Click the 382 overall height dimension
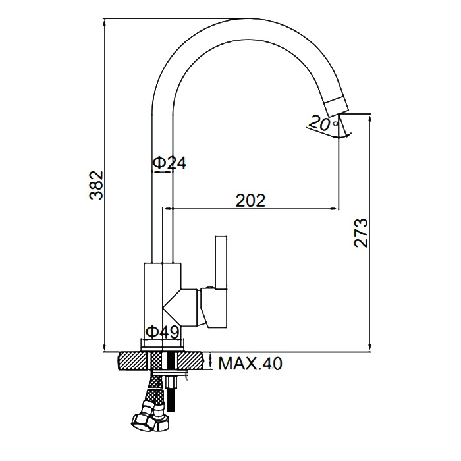97,185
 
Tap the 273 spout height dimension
361,233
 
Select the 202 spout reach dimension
251,200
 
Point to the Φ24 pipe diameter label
170,163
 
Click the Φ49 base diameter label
163,332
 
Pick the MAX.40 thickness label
250,364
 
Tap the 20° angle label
321,124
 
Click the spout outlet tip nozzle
337,106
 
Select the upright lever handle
221,263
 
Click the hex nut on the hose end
145,421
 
